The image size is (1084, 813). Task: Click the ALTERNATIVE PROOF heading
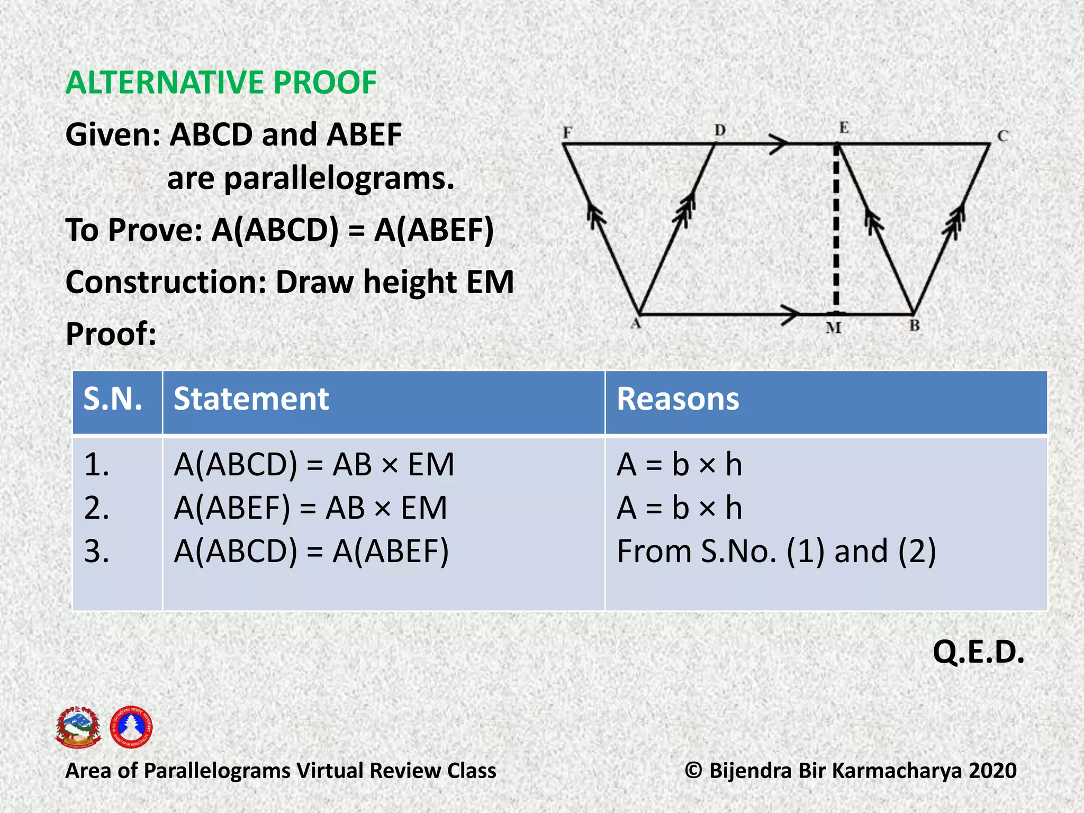tap(221, 83)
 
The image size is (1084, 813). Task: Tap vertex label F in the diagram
tap(567, 132)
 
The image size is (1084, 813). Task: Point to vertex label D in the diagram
tap(720, 130)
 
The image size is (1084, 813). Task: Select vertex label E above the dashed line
tap(844, 128)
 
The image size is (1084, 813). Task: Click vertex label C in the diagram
tap(1002, 136)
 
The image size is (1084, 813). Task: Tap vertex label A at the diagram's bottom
tap(636, 323)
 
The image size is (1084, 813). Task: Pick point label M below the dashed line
tap(833, 328)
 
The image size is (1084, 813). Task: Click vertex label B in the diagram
tap(915, 326)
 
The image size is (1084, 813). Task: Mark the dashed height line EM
tap(836, 228)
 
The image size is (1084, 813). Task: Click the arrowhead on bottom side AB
tap(791, 314)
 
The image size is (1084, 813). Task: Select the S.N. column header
tap(113, 399)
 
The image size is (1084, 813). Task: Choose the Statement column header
tap(251, 399)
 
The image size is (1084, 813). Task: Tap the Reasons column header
tap(677, 399)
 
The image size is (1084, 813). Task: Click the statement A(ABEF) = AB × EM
tap(311, 508)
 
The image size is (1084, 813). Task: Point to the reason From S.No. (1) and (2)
tap(776, 552)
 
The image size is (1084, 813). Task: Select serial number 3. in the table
tap(97, 552)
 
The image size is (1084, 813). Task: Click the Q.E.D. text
tap(978, 652)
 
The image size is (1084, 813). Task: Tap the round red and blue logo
tap(131, 727)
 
